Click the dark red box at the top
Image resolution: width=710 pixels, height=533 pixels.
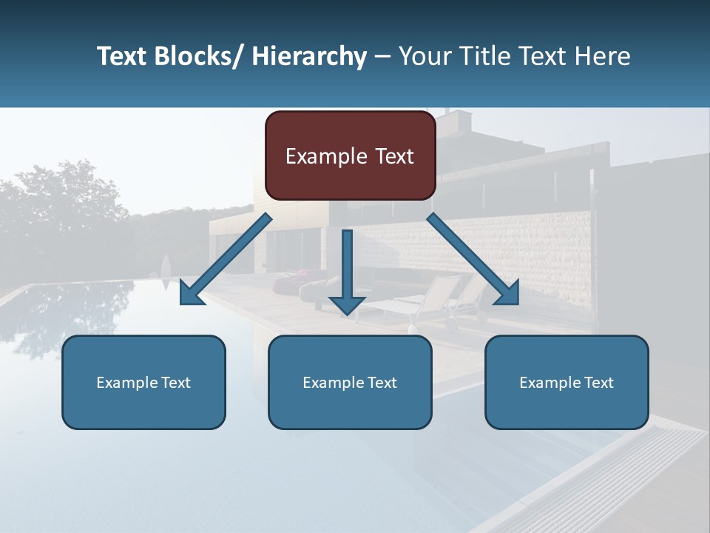click(x=350, y=155)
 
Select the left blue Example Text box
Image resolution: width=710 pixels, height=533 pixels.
click(x=143, y=382)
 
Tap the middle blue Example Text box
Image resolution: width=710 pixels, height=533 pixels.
click(x=350, y=382)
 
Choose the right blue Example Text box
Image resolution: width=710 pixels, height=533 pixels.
click(x=567, y=382)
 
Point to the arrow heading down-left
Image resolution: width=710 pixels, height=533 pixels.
click(x=226, y=260)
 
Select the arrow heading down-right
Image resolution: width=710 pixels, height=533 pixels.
click(x=473, y=259)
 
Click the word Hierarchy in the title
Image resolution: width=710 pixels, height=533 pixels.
click(x=308, y=56)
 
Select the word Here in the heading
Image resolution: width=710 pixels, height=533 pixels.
click(x=603, y=56)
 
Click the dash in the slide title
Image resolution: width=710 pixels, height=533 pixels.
click(x=382, y=56)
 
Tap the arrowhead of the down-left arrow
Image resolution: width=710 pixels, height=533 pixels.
click(x=190, y=294)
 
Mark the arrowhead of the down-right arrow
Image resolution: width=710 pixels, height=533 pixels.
click(x=508, y=294)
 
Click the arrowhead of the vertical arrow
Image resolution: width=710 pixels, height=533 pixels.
click(x=347, y=304)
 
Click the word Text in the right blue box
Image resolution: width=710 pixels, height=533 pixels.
click(x=598, y=382)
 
